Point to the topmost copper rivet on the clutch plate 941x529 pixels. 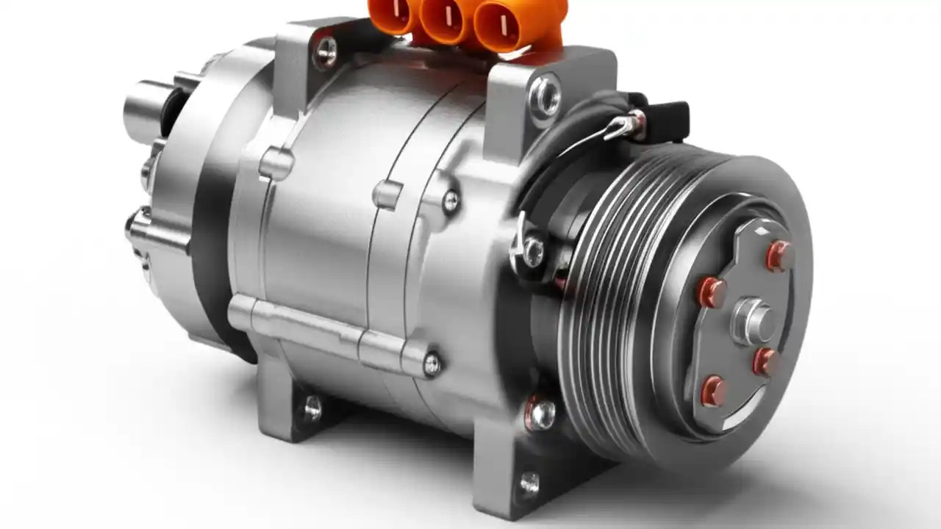(x=781, y=255)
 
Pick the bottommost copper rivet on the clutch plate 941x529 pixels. (x=713, y=390)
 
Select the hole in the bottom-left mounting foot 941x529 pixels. (x=313, y=407)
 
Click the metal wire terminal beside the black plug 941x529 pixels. (x=626, y=126)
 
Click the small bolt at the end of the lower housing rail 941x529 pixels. (x=432, y=362)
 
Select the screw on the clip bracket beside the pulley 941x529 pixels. (x=532, y=252)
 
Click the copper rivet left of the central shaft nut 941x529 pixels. (x=712, y=292)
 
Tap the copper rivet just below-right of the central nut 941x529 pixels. (x=766, y=361)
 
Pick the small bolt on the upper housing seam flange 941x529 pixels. (x=450, y=200)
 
